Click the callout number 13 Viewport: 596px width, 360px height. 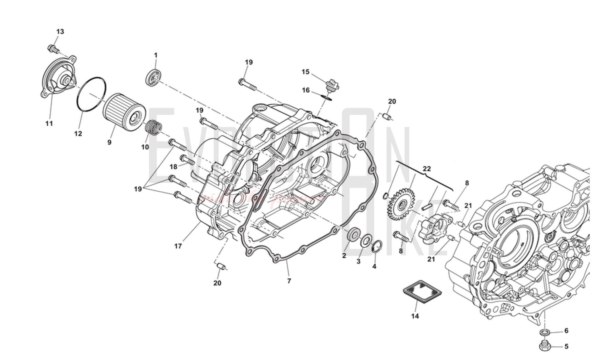[60, 32]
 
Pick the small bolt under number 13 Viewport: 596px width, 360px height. [53, 49]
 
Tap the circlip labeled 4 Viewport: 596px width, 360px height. [377, 246]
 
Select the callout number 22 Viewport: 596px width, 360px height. [427, 169]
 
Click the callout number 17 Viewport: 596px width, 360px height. [178, 246]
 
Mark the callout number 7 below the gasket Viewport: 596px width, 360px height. [289, 281]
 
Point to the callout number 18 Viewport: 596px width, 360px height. [173, 167]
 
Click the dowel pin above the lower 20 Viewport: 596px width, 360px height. [221, 266]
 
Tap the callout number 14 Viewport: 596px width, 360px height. [415, 316]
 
